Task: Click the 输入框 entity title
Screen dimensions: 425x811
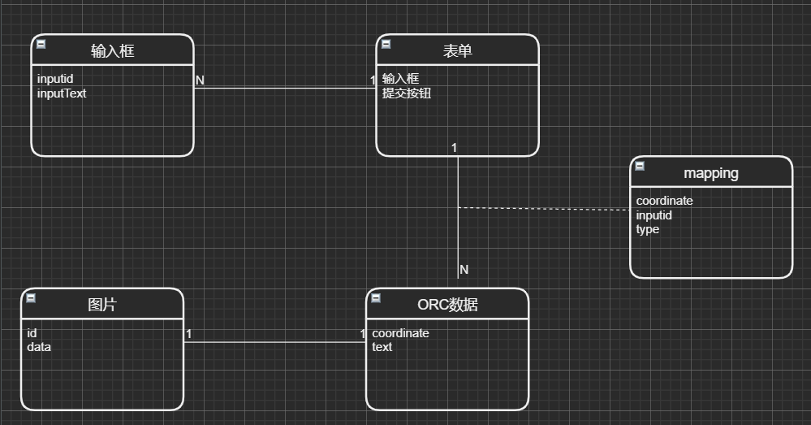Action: [x=112, y=51]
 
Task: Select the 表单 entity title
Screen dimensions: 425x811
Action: [x=457, y=51]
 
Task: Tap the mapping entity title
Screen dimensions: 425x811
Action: [x=711, y=173]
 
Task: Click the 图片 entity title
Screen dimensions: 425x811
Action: [x=102, y=305]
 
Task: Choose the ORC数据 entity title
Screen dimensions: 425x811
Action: [x=447, y=305]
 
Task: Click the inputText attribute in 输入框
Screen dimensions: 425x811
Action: [x=62, y=93]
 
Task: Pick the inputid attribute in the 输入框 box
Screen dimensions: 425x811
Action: [x=55, y=80]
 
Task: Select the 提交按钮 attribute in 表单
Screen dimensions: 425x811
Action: [x=407, y=93]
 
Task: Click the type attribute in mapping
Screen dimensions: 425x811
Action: [x=648, y=229]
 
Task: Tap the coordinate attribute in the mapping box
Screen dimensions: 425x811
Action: [x=664, y=201]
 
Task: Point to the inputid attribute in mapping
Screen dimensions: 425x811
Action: [x=654, y=215]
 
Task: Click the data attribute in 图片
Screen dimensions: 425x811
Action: [x=39, y=347]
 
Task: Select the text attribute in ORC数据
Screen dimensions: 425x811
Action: [x=382, y=347]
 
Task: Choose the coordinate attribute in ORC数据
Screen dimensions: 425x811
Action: [x=400, y=333]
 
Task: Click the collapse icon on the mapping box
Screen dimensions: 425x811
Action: [x=640, y=166]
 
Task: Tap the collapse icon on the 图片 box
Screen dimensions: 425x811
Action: [x=31, y=298]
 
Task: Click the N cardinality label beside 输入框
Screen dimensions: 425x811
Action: [x=200, y=80]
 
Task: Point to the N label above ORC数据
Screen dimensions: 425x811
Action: [x=464, y=270]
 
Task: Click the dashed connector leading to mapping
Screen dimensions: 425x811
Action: [x=544, y=209]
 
